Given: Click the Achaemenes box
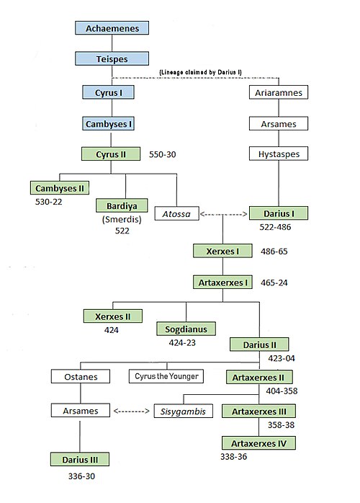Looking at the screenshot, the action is (112, 28).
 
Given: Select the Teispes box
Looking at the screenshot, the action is (112, 58).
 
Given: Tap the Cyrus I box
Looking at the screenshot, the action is (108, 92).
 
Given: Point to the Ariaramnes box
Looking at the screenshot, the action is (279, 92).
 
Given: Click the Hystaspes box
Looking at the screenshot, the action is (279, 153).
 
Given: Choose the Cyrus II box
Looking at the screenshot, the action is (111, 154).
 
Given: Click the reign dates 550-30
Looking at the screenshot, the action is (162, 154).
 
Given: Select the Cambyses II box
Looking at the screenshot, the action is (60, 188).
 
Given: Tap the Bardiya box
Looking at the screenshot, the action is (122, 205).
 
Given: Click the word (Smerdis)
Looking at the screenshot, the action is (122, 219).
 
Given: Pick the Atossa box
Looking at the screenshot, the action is (176, 213).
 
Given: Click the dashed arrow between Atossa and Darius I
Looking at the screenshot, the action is (224, 214).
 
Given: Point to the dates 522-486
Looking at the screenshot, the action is (275, 227).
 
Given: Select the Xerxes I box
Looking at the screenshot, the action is (222, 251).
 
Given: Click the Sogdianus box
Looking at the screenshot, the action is (186, 329).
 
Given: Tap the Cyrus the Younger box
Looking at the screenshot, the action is (166, 376).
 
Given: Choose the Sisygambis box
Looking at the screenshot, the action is (184, 411).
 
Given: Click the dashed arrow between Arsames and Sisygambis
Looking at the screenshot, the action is (132, 411).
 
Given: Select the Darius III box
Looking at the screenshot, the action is (80, 459).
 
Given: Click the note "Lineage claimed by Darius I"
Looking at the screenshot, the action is (200, 72).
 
